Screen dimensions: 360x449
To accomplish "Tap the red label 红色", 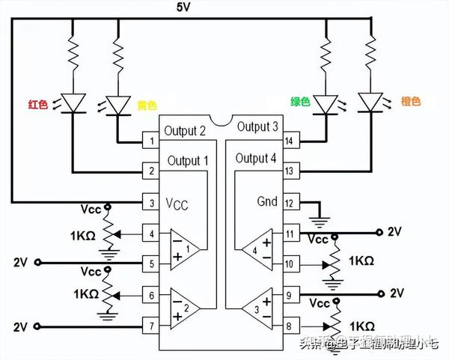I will click(38, 104).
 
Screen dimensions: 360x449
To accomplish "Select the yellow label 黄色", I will click(147, 104).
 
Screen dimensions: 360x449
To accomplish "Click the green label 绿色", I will click(300, 101).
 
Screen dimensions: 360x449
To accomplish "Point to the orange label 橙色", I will click(412, 101).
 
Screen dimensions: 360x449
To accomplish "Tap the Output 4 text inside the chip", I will click(256, 158).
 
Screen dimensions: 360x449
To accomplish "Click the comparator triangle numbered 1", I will click(183, 246).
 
